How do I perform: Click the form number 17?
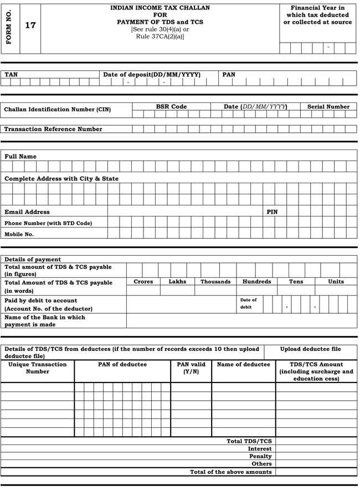[x=30, y=25]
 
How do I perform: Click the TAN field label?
[x=11, y=74]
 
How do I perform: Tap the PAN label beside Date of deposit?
[x=229, y=74]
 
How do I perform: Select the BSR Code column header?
[x=171, y=106]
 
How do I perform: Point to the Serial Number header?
[x=328, y=106]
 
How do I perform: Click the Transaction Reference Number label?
[x=53, y=129]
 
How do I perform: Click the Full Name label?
[x=20, y=157]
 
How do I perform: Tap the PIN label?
[x=272, y=211]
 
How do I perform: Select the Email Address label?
[x=27, y=211]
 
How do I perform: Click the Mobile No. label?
[x=19, y=234]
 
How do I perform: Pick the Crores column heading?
[x=143, y=282]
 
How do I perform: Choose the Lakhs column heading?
[x=177, y=282]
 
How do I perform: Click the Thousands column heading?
[x=215, y=282]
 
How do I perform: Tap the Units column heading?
[x=336, y=282]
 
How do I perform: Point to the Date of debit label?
[x=248, y=303]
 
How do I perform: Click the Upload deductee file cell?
[x=311, y=349]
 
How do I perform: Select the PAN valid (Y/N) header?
[x=191, y=368]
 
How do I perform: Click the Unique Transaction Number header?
[x=37, y=368]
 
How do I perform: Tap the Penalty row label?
[x=260, y=456]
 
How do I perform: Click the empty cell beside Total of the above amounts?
[x=316, y=472]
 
